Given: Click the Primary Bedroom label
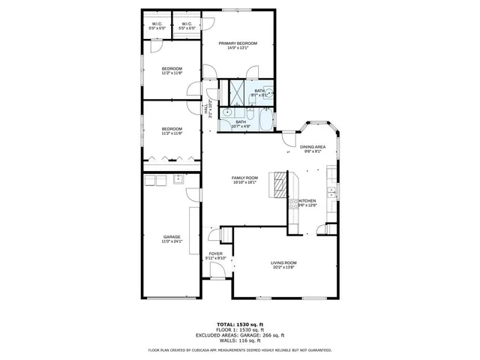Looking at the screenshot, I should click(238, 43).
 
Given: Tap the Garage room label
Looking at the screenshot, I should click(172, 237).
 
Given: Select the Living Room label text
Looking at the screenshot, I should click(284, 262).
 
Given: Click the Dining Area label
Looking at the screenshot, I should click(313, 146).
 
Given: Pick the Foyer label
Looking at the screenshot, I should click(215, 254).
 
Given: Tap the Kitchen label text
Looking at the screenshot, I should click(307, 201).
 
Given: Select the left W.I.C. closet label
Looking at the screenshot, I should click(157, 23).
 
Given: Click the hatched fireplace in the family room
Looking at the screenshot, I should click(280, 183).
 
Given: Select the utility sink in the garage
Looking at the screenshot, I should click(178, 179).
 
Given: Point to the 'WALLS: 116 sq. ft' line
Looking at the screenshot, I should click(239, 340).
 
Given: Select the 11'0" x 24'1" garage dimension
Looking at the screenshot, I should click(172, 241).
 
